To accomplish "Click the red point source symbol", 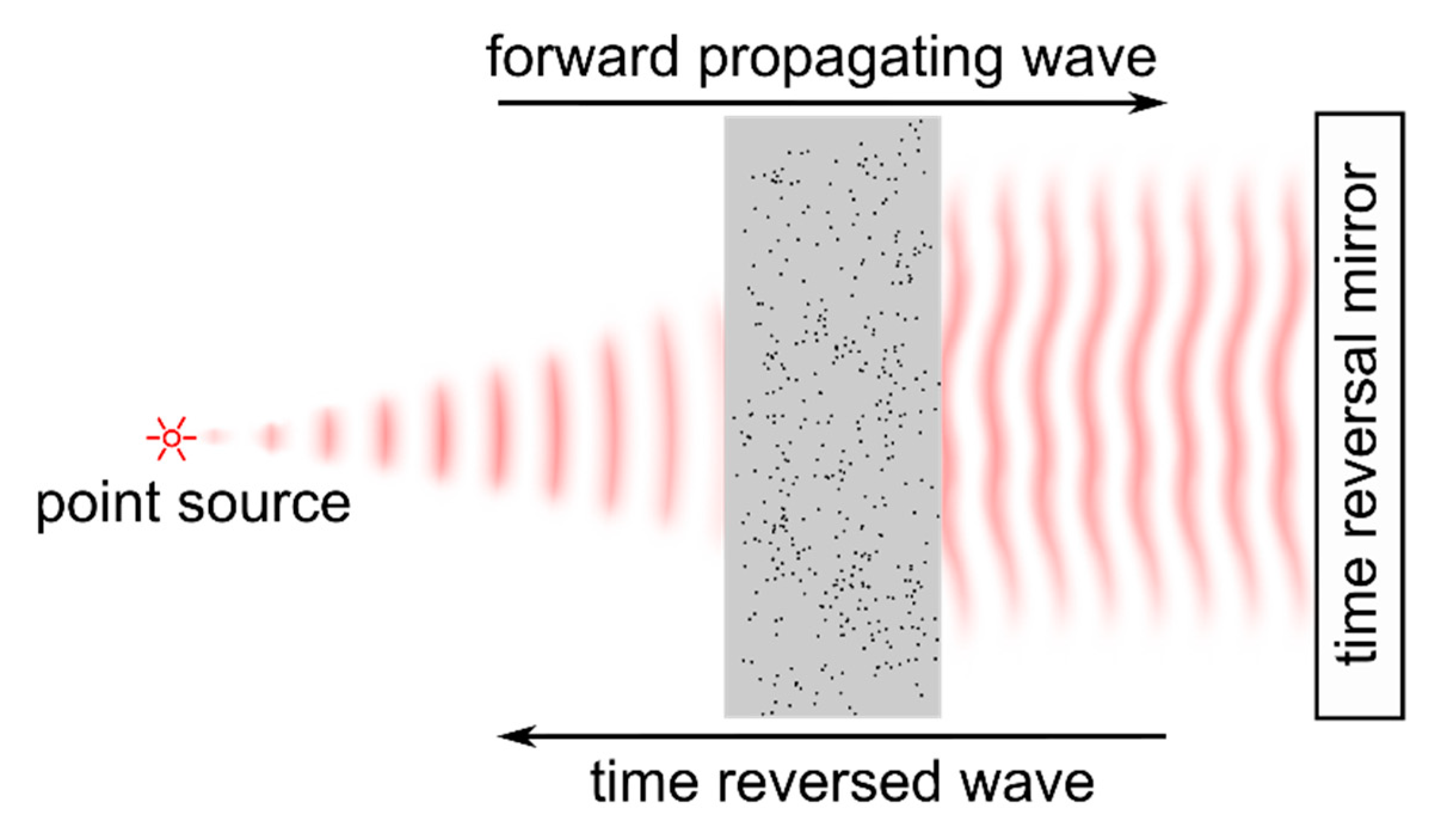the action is [x=171, y=439].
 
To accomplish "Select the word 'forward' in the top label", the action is [x=583, y=57].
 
